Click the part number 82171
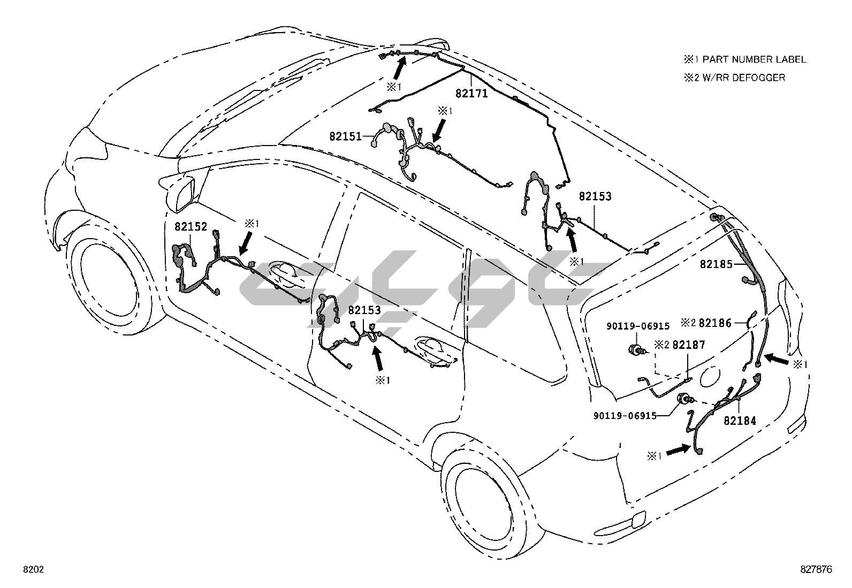click(x=471, y=93)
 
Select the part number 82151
click(x=346, y=136)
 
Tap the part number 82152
click(x=191, y=227)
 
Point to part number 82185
click(x=716, y=264)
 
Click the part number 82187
click(x=689, y=345)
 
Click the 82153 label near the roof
click(x=595, y=196)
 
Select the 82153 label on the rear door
click(x=364, y=310)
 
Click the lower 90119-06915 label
click(x=625, y=415)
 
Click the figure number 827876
click(x=816, y=570)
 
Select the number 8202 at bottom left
click(x=33, y=570)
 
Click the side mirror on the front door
click(x=182, y=190)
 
